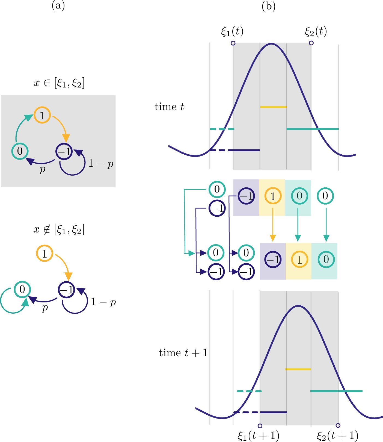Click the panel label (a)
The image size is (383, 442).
coord(58,6)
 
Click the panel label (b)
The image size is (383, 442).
coord(269,6)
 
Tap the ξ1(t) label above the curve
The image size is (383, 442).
coord(232,31)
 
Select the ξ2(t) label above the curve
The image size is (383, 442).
coord(316,31)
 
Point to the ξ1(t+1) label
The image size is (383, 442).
coord(259,435)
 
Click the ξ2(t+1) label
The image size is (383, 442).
coord(337,435)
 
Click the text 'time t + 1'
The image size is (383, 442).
coord(183,353)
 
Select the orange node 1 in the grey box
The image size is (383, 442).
coord(42,115)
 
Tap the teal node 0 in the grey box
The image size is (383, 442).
coord(20,151)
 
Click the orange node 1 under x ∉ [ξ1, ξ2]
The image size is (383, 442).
coord(44,254)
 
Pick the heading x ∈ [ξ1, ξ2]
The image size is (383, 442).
coord(59,83)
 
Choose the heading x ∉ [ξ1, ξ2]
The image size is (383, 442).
coord(59,229)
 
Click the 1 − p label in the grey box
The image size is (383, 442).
coord(101,164)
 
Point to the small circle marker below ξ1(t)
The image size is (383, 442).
coord(233,43)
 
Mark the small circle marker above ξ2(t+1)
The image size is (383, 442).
coord(338,425)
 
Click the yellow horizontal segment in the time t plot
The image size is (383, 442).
coord(273,107)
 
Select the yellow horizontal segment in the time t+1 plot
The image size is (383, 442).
coord(298,369)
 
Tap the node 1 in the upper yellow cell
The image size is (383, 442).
coord(273,196)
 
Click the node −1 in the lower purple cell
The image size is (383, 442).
coord(273,259)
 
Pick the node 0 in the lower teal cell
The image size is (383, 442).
coord(326,259)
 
